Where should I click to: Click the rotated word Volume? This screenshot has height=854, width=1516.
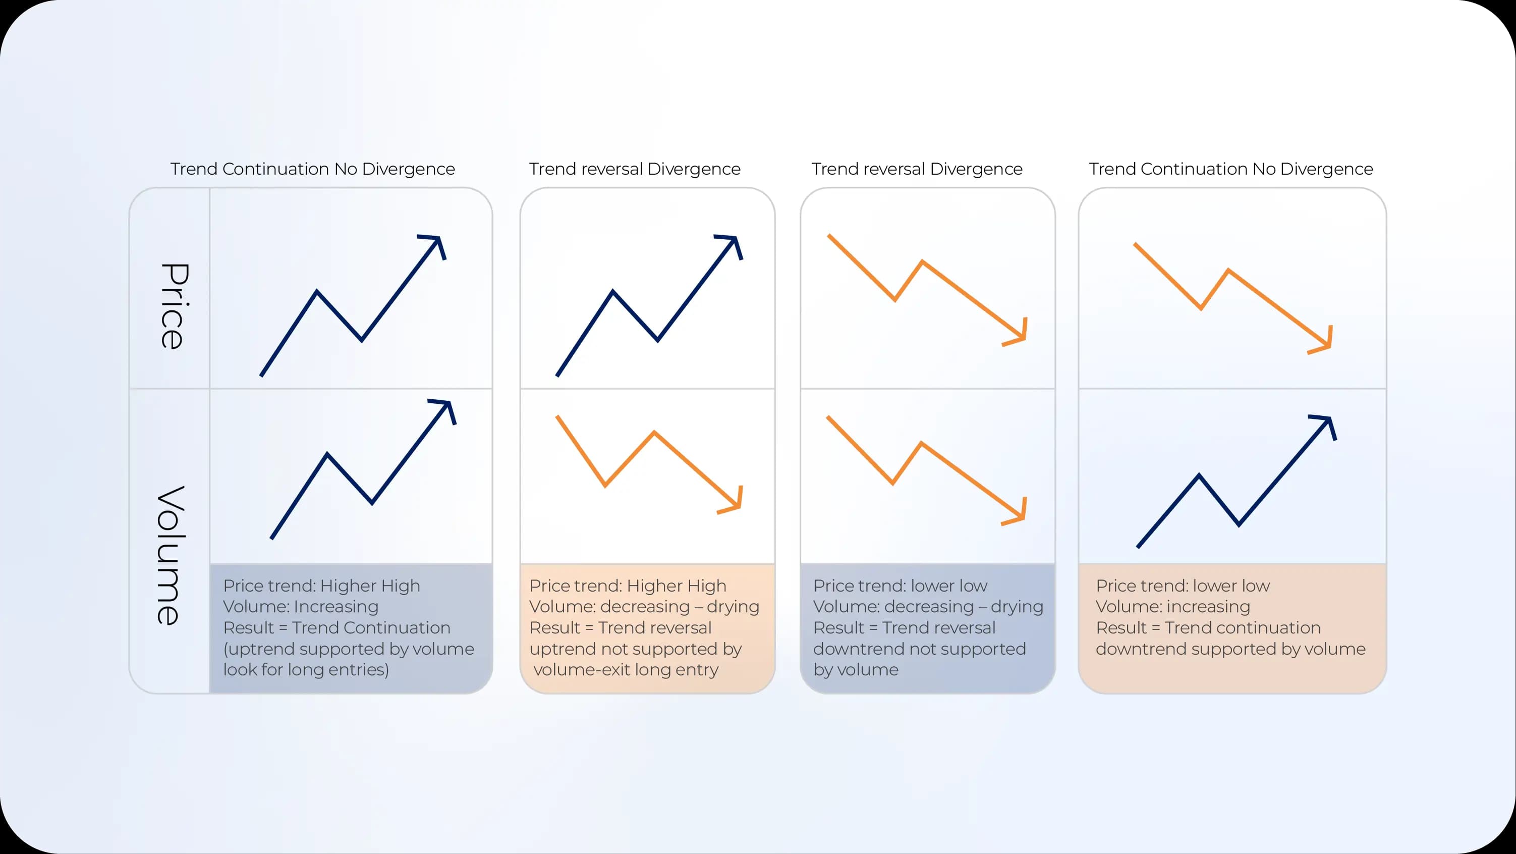coord(171,555)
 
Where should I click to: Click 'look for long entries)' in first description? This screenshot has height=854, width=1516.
coord(306,670)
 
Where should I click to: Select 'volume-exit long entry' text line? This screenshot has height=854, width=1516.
coord(626,670)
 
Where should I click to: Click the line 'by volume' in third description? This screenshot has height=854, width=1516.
coord(856,670)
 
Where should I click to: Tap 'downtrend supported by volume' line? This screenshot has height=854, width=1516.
coord(1230,649)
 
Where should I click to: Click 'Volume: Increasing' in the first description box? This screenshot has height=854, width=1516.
coord(301,607)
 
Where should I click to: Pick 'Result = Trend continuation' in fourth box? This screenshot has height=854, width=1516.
coord(1208,628)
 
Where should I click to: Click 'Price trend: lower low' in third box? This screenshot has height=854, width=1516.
coord(900,585)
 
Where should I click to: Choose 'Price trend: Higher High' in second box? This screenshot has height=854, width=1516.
coord(628,585)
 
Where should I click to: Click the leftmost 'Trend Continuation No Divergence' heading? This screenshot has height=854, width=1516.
coord(312,169)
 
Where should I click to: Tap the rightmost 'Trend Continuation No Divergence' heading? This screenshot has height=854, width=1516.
coord(1230,169)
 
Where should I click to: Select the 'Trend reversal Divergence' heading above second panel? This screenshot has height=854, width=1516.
coord(635,169)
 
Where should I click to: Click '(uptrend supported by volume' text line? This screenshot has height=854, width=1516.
coord(349,649)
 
